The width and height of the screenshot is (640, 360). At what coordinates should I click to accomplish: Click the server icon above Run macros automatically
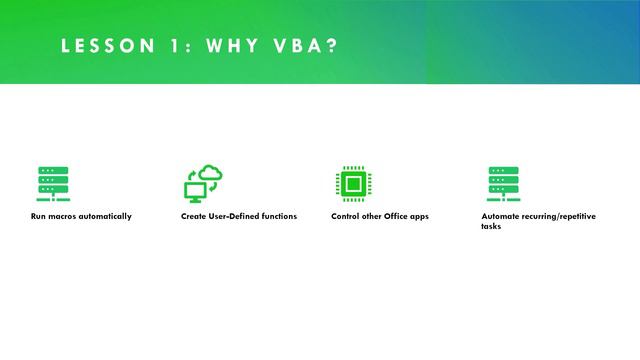[52, 184]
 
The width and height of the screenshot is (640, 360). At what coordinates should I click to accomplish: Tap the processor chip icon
[352, 184]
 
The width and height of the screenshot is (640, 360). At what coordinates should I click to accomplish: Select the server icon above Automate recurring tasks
[503, 184]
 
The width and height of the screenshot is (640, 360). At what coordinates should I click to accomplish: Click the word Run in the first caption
[38, 217]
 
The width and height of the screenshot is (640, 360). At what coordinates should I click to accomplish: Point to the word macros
[64, 217]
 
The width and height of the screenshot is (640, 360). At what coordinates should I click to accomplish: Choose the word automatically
[107, 217]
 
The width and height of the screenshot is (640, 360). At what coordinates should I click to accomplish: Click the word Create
[193, 217]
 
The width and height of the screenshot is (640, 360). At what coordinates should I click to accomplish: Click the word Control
[345, 217]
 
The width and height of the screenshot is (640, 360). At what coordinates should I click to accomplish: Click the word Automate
[500, 217]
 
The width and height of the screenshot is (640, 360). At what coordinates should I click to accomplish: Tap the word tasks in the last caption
[491, 227]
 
